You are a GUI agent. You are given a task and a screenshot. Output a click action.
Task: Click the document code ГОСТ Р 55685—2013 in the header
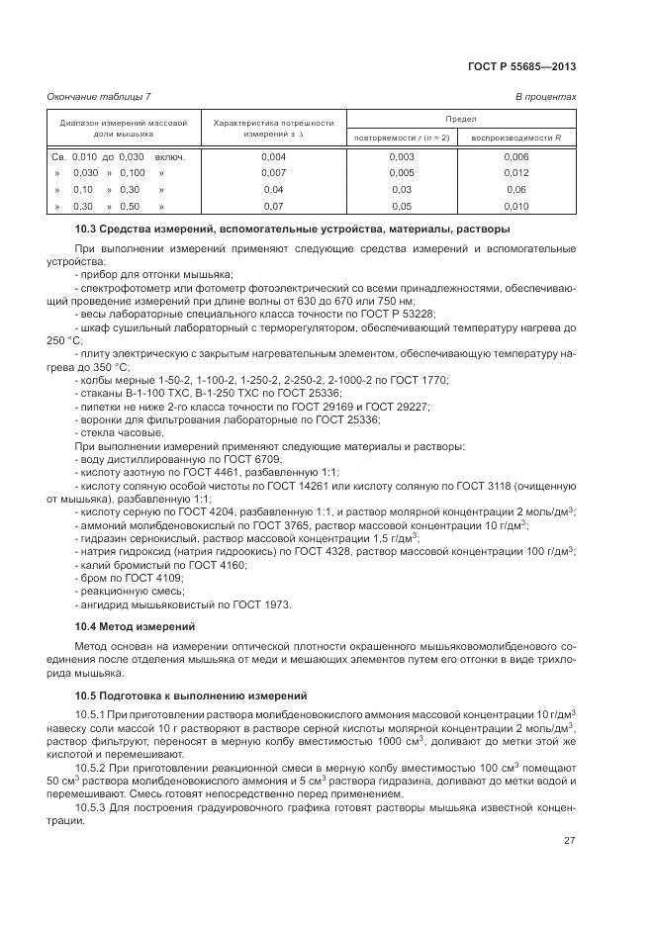520,67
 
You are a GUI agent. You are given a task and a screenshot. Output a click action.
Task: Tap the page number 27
570,840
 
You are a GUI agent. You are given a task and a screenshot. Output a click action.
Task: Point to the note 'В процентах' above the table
546,96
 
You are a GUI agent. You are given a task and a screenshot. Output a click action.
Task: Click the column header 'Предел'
460,117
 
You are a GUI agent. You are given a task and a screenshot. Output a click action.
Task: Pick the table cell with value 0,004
273,157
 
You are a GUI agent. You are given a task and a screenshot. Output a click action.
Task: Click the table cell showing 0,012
515,173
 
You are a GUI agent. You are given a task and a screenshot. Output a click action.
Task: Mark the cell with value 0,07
273,206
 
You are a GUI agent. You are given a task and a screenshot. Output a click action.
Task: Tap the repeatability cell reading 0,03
402,190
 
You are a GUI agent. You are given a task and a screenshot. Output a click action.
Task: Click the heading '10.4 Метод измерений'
136,626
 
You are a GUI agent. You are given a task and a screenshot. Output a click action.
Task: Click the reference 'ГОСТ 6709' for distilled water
256,459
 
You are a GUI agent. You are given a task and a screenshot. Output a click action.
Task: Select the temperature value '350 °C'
108,366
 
